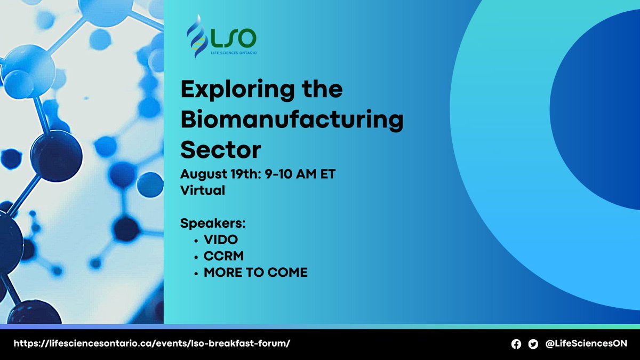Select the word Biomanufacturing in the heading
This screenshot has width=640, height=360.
[x=292, y=120]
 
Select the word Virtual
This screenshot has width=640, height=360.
[x=203, y=190]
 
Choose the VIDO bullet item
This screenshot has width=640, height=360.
[x=221, y=239]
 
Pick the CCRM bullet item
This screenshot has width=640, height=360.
[x=223, y=256]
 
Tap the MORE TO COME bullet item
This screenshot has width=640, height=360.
[x=255, y=273]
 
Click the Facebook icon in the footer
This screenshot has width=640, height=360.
[x=516, y=345]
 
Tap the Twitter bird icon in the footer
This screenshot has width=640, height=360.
[x=533, y=345]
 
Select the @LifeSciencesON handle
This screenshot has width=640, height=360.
[x=586, y=344]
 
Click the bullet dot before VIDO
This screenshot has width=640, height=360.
[x=197, y=240]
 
